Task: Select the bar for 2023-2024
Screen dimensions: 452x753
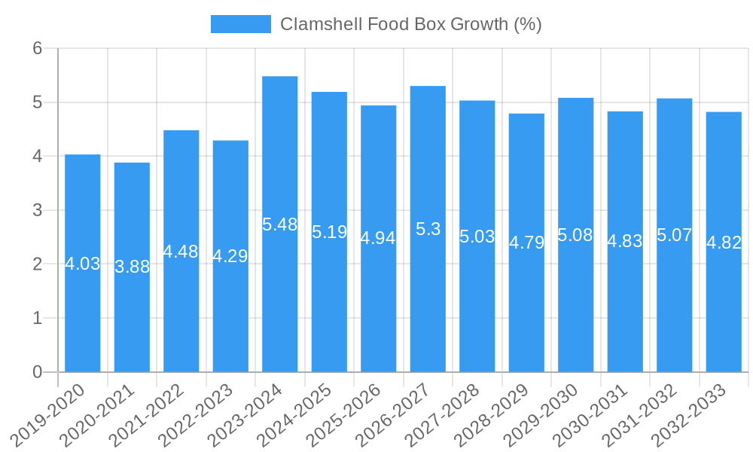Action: tap(280, 301)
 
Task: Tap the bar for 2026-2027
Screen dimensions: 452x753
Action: tap(428, 301)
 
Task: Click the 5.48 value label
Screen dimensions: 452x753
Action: tap(280, 224)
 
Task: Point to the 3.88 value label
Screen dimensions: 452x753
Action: tap(133, 267)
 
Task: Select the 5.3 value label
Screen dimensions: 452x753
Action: tap(428, 229)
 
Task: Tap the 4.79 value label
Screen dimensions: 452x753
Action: tap(526, 243)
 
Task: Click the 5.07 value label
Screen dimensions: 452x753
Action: tap(675, 235)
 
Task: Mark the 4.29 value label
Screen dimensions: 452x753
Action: tap(230, 256)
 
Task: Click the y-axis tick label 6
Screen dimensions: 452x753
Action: tap(37, 48)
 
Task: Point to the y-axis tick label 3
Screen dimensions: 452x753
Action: tap(37, 210)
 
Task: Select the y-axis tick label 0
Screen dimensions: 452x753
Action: tap(37, 372)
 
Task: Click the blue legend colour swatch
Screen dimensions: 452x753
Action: tap(240, 24)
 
